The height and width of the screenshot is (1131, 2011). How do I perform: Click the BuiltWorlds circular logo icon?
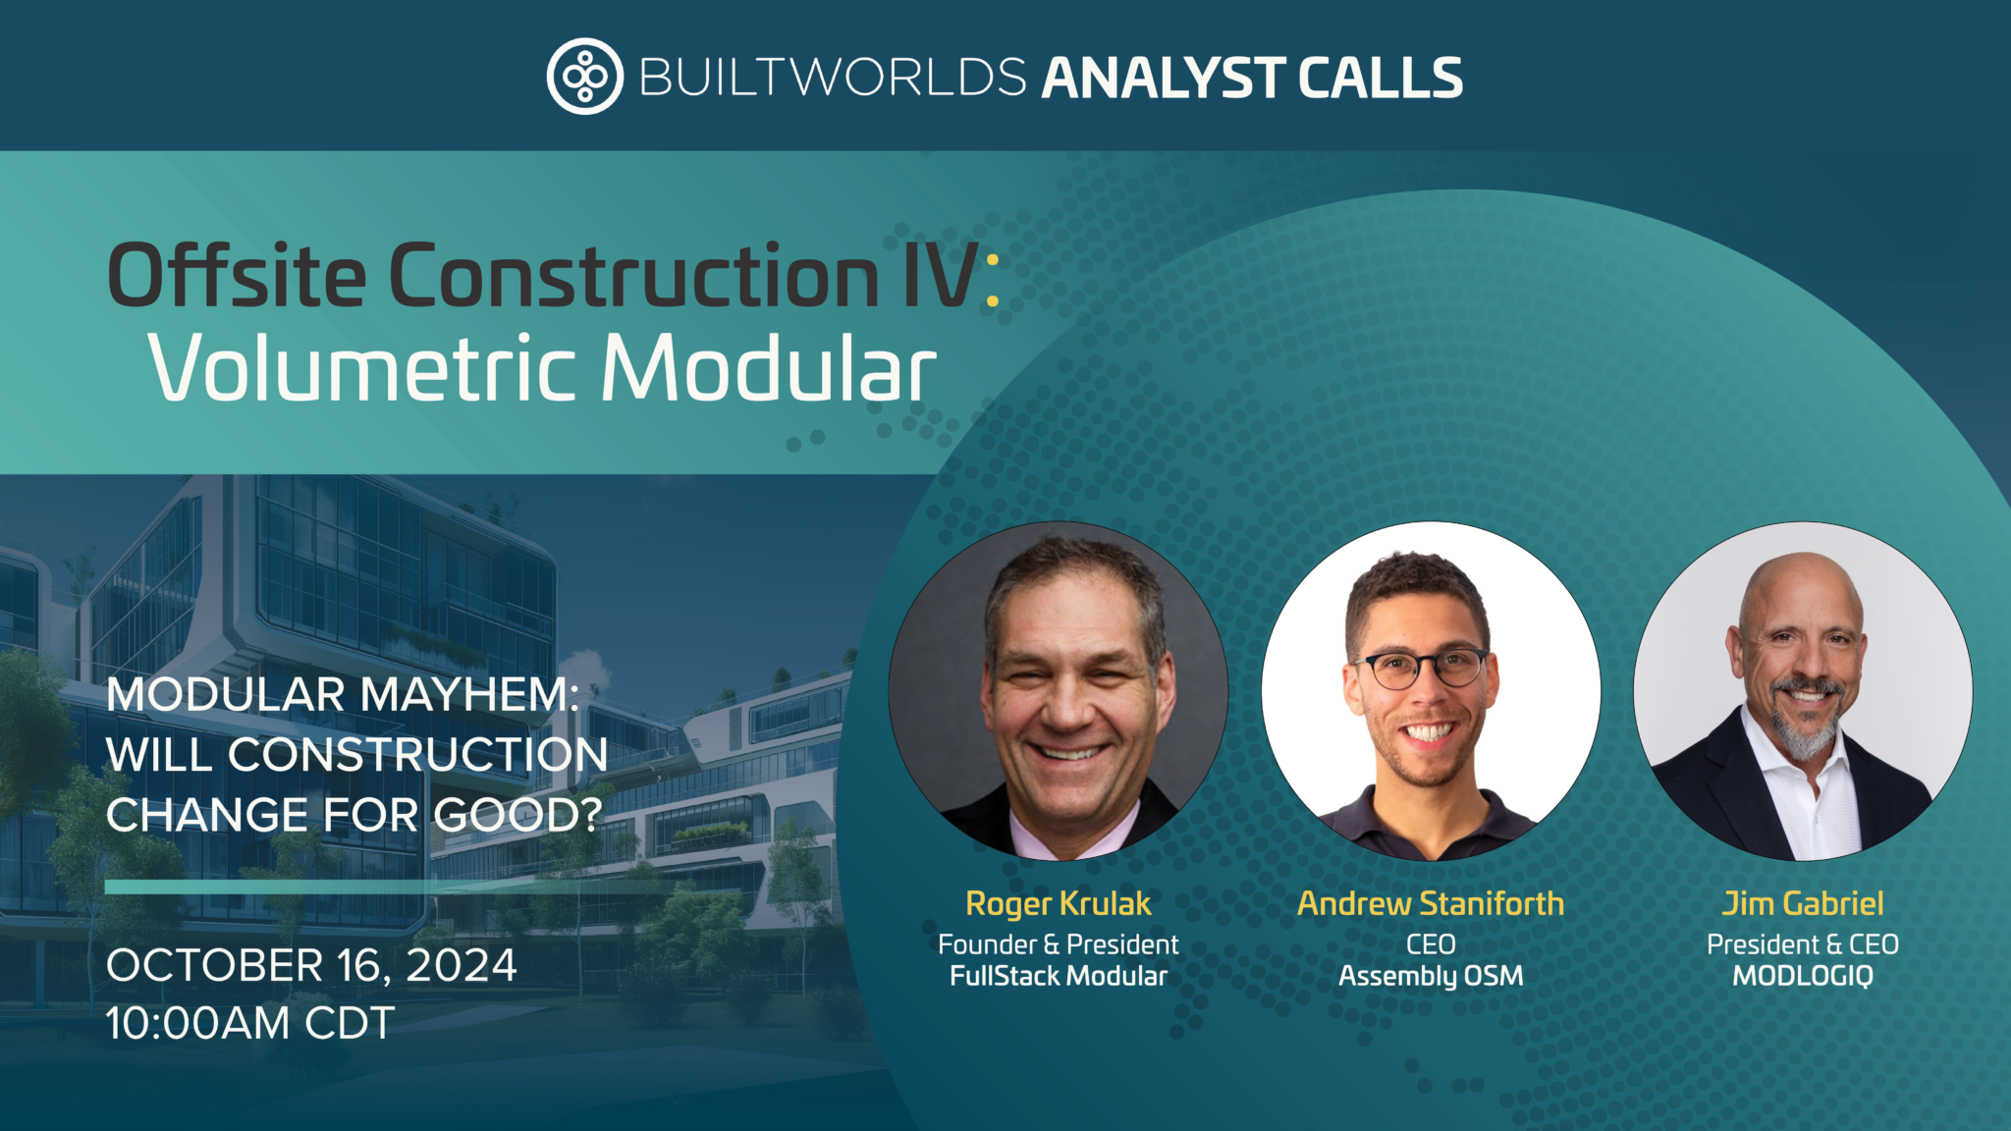click(584, 77)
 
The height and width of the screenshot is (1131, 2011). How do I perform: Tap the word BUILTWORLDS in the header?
click(833, 78)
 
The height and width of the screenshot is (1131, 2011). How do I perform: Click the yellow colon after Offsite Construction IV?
click(992, 279)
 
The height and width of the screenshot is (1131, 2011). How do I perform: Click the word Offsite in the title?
click(236, 276)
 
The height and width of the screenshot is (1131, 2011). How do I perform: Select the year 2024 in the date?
click(462, 966)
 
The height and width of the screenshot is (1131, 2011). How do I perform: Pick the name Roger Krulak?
click(1058, 903)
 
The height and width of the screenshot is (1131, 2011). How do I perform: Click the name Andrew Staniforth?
click(1430, 903)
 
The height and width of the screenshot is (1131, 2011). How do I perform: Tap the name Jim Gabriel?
click(1803, 903)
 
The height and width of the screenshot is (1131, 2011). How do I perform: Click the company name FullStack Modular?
click(1058, 976)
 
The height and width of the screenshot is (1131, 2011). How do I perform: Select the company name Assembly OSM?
click(1430, 976)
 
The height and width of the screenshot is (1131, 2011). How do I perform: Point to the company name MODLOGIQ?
click(1803, 976)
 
